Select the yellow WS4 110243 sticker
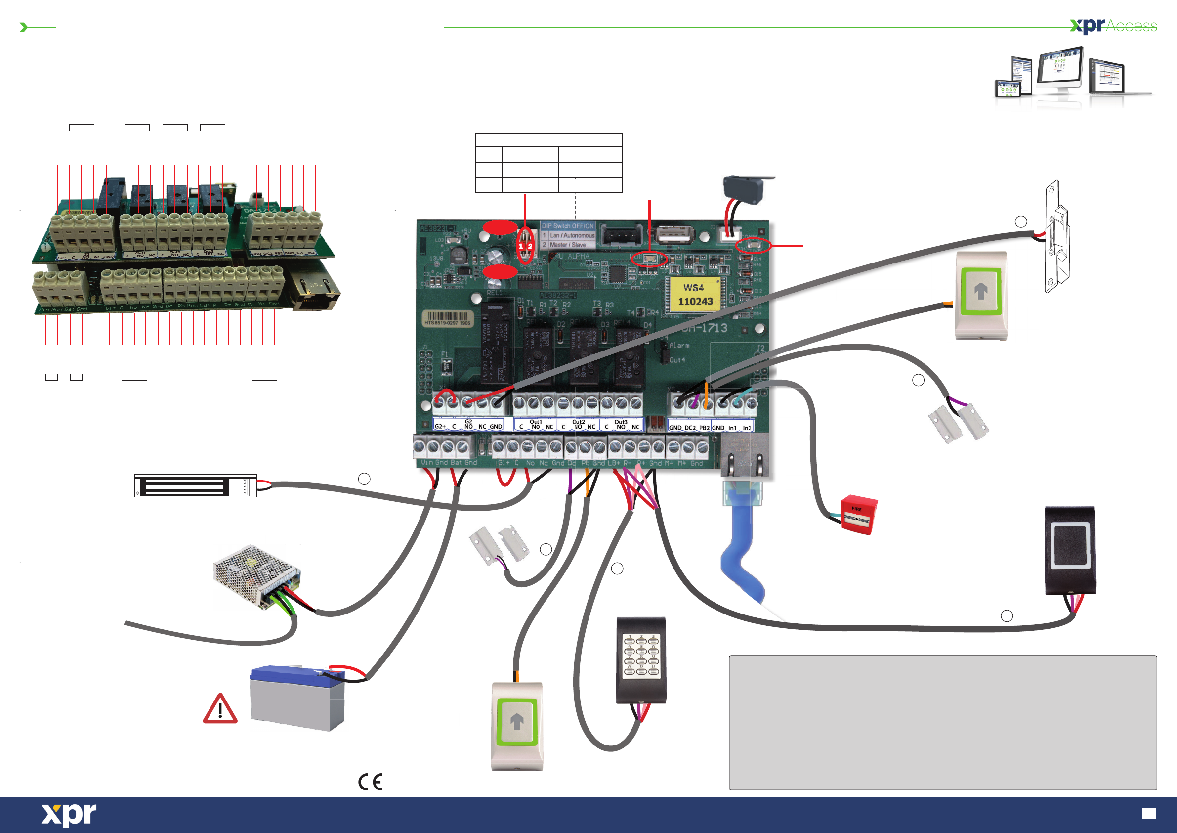(695, 295)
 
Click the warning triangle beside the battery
(220, 709)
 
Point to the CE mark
(370, 782)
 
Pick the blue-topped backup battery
(297, 698)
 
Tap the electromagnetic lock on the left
(195, 485)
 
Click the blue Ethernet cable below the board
(741, 554)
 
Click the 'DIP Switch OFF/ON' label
(567, 226)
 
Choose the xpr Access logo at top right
(1113, 26)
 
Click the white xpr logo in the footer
(69, 815)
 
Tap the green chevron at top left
(23, 27)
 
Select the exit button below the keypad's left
(517, 725)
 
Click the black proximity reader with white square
(1070, 550)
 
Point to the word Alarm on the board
(679, 345)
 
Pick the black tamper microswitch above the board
(744, 189)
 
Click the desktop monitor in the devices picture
(1059, 69)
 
